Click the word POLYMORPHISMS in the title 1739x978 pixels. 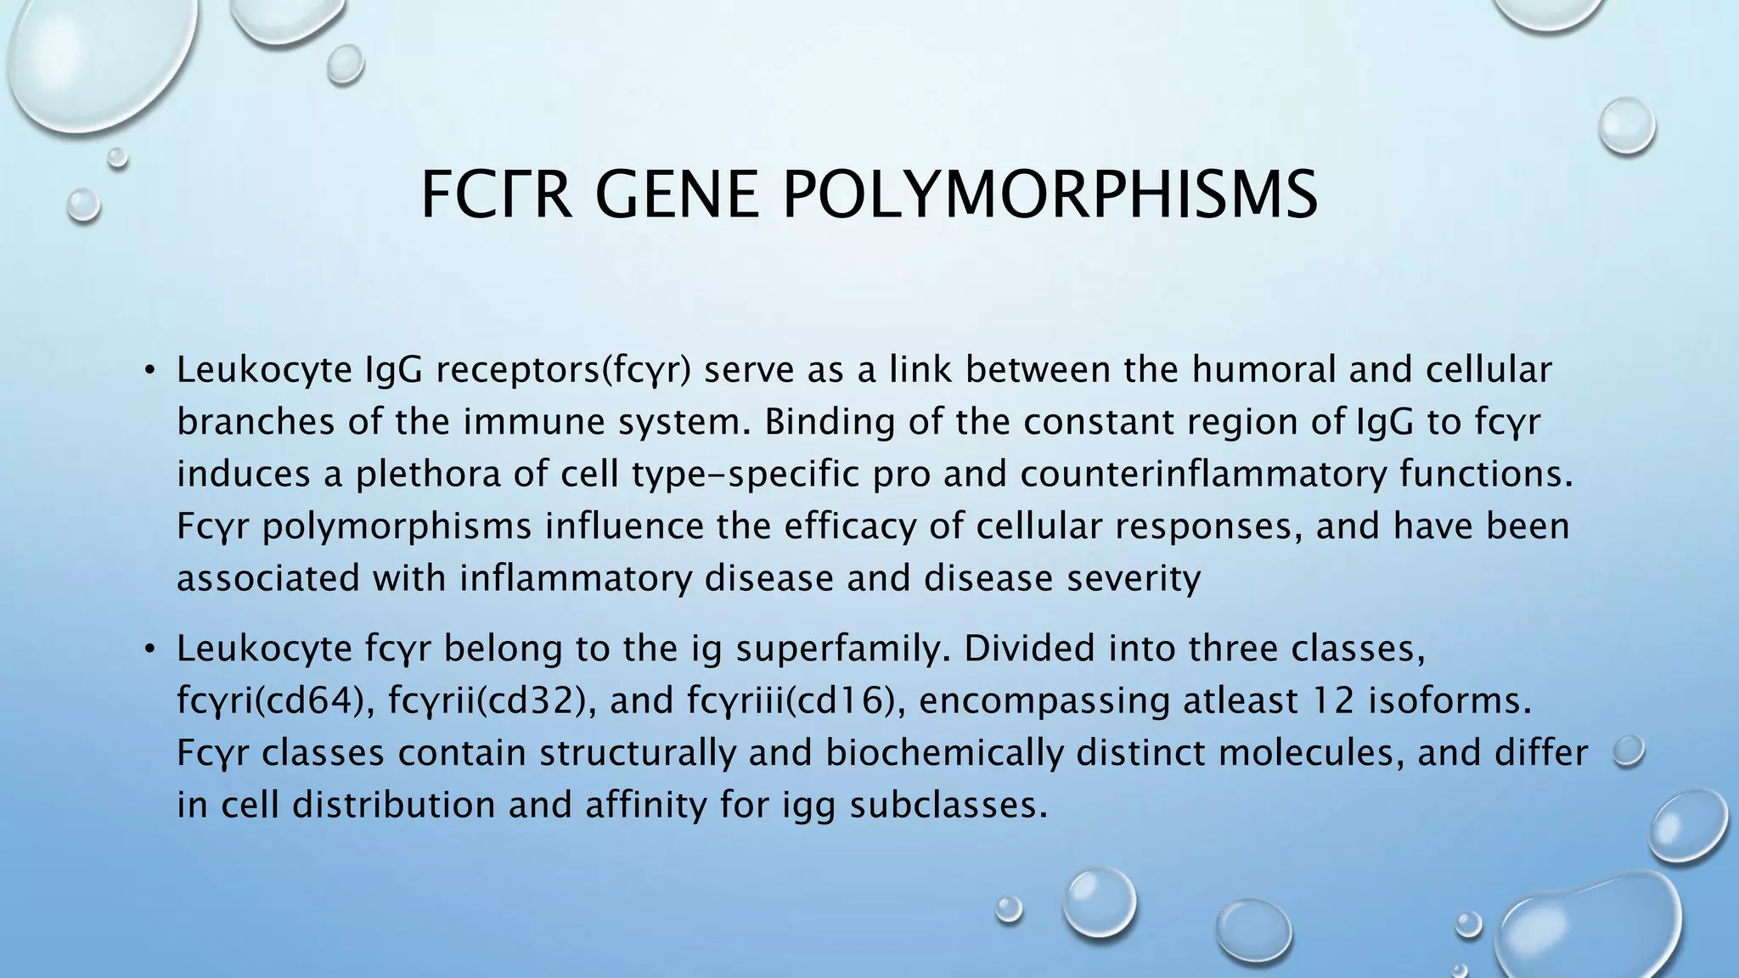tap(1050, 195)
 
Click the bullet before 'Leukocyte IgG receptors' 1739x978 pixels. tap(149, 371)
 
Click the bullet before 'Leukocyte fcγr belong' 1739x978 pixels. tap(149, 649)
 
